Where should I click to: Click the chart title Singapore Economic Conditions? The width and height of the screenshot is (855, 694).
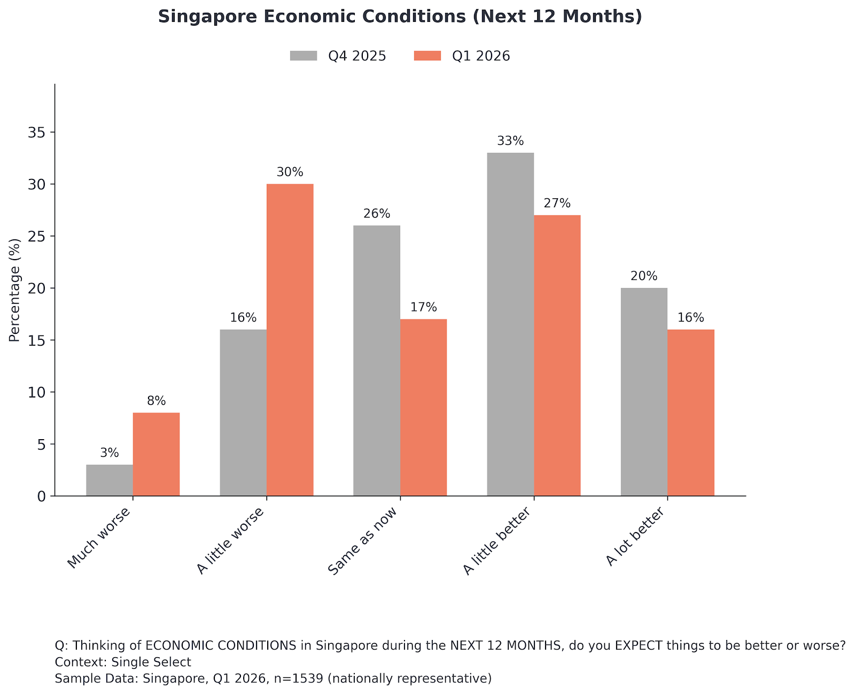pyautogui.click(x=400, y=17)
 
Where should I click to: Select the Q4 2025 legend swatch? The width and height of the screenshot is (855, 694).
pyautogui.click(x=304, y=56)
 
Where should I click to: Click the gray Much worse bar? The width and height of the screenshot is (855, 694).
pyautogui.click(x=110, y=480)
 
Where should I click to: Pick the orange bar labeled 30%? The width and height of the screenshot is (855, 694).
pyautogui.click(x=290, y=340)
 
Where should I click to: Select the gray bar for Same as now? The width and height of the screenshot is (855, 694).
pyautogui.click(x=377, y=361)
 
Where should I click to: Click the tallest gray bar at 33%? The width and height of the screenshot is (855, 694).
pyautogui.click(x=510, y=324)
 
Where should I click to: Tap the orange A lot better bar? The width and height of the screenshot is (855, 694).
pyautogui.click(x=691, y=412)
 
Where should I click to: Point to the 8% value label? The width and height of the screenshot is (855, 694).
pyautogui.click(x=157, y=401)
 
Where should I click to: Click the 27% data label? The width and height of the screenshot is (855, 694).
pyautogui.click(x=557, y=204)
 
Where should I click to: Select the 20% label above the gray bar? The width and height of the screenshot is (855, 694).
pyautogui.click(x=644, y=276)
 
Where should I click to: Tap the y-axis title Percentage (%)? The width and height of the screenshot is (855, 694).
pyautogui.click(x=14, y=290)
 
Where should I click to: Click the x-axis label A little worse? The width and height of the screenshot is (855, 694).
pyautogui.click(x=231, y=540)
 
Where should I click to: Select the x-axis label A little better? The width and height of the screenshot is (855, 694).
pyautogui.click(x=498, y=541)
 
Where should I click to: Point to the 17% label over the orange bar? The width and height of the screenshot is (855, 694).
pyautogui.click(x=424, y=307)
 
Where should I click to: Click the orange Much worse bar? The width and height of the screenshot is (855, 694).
pyautogui.click(x=157, y=454)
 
